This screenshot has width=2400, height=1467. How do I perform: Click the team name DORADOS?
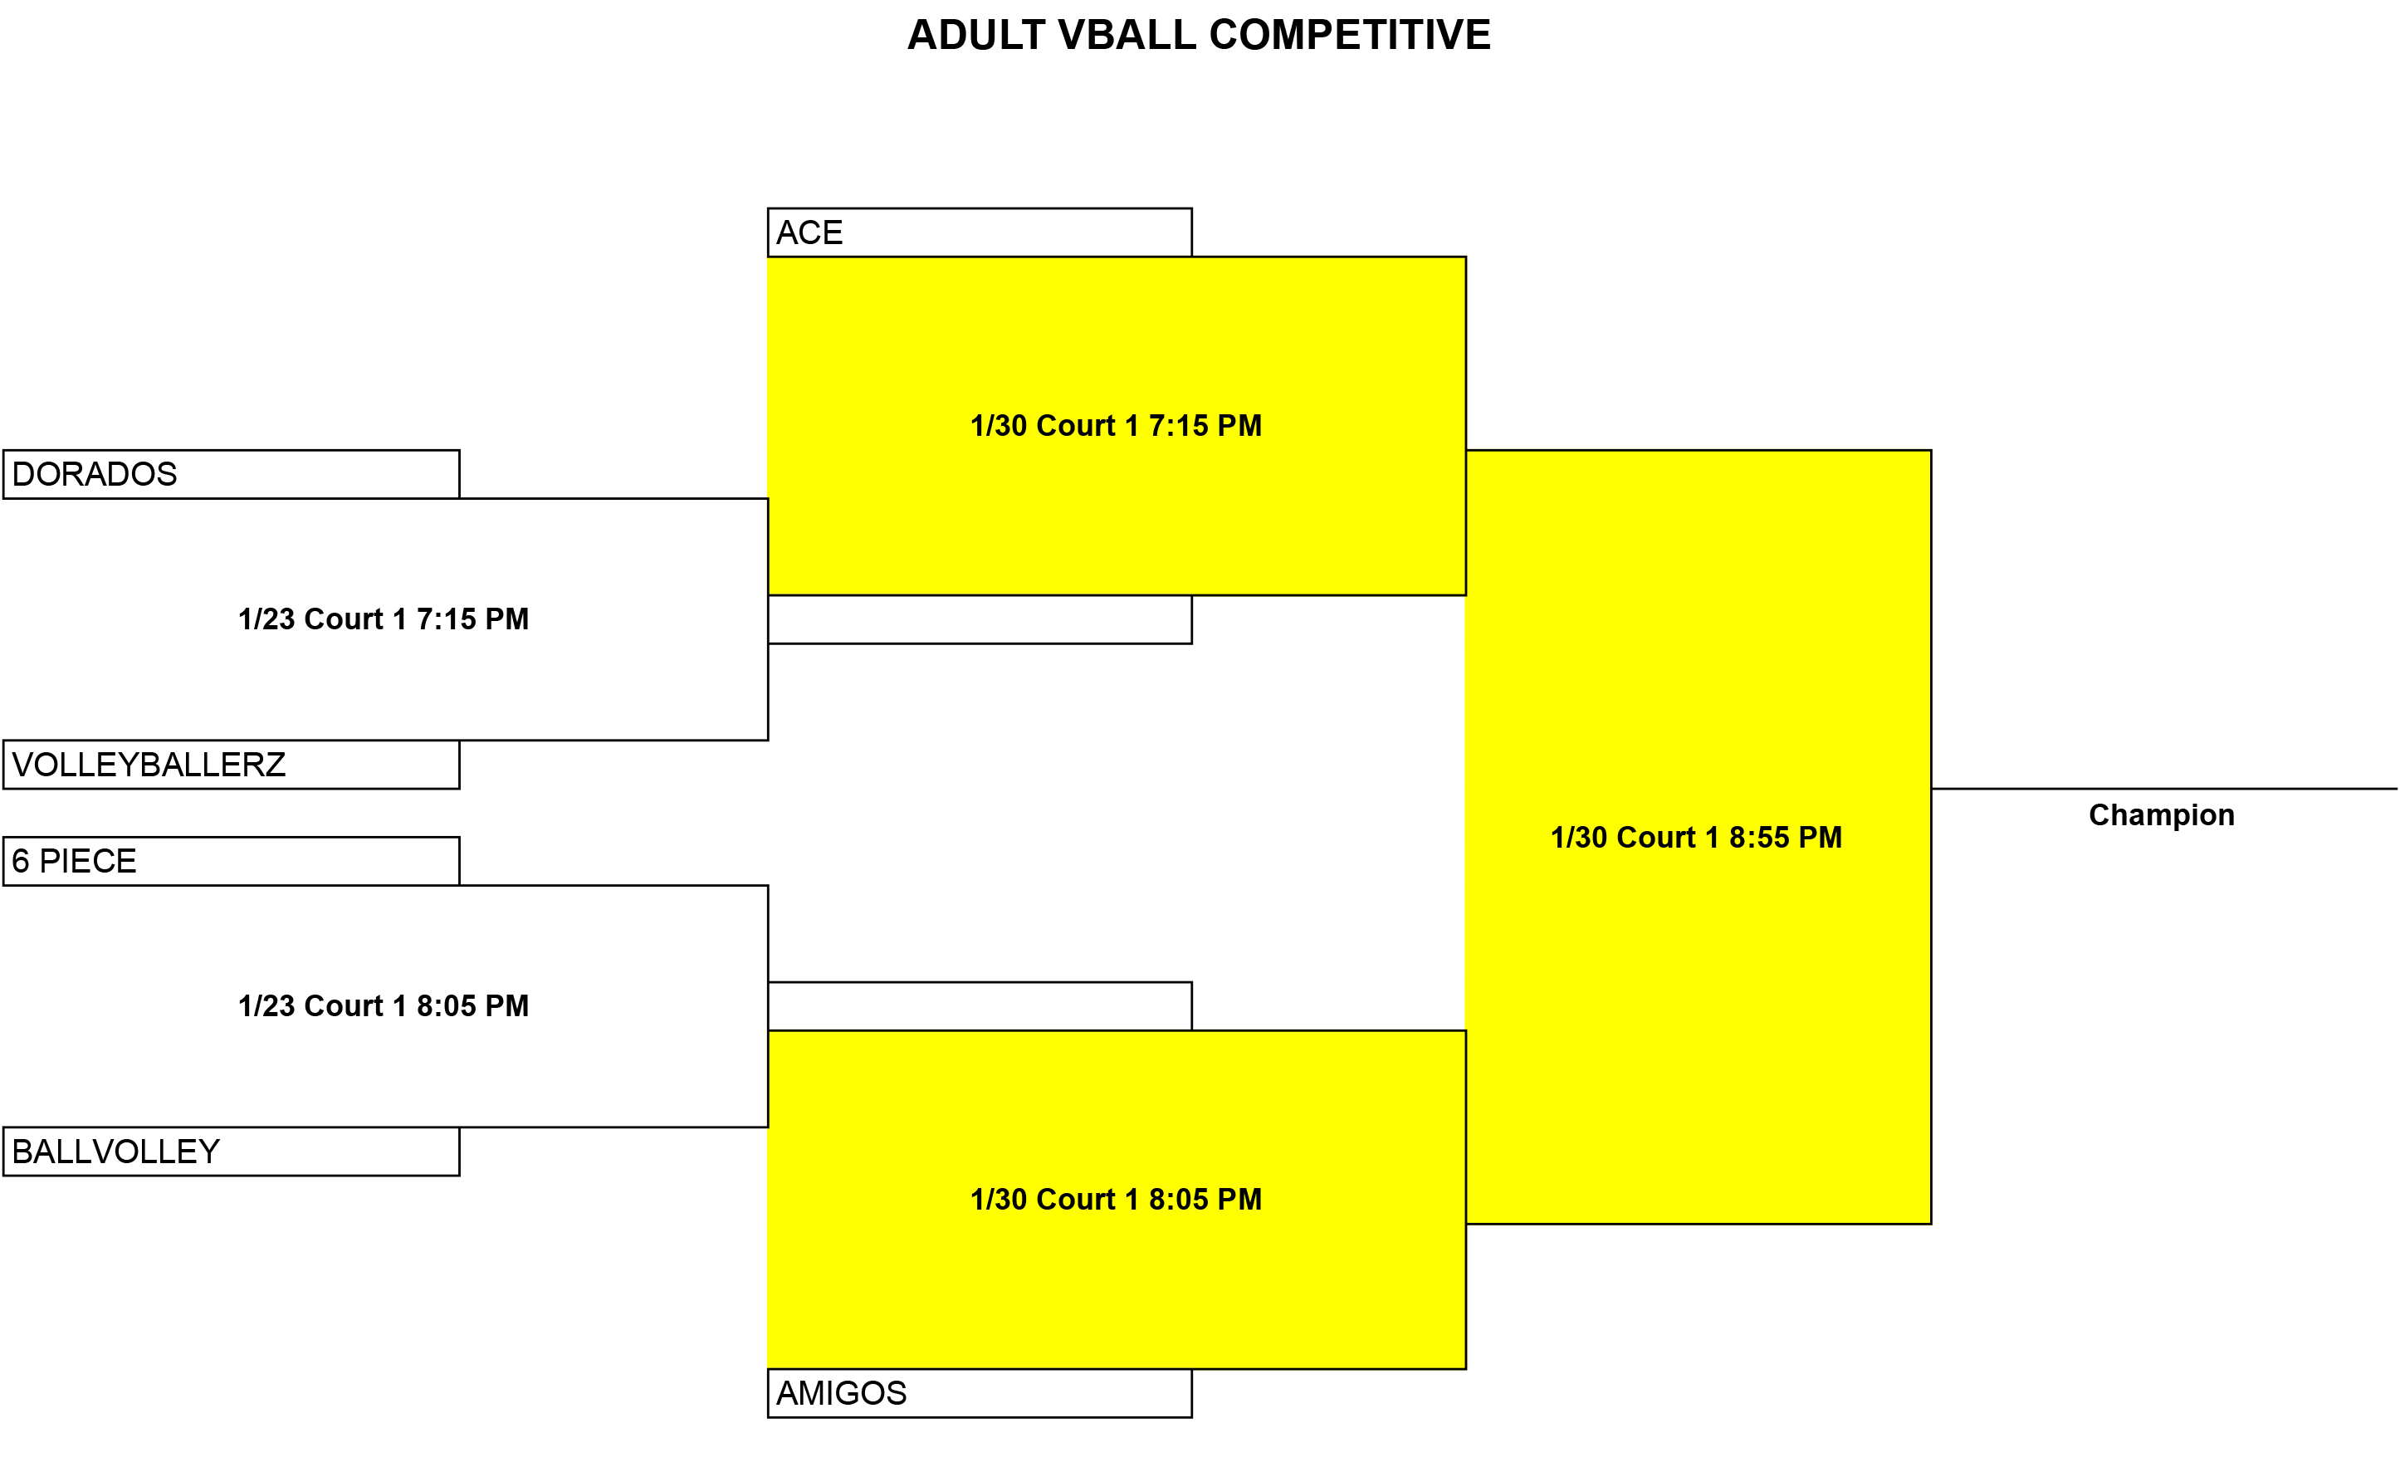95,474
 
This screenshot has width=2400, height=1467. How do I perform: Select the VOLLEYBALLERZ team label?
149,765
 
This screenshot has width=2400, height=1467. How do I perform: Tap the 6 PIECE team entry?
74,861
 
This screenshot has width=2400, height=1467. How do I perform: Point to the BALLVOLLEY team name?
116,1152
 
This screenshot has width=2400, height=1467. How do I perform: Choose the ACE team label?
809,232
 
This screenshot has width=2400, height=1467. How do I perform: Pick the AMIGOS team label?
842,1393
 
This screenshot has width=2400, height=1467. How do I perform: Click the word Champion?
2162,814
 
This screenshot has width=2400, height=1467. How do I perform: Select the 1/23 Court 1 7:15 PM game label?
384,619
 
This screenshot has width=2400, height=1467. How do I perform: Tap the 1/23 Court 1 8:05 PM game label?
384,1005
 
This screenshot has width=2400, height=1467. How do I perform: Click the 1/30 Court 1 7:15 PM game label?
1117,426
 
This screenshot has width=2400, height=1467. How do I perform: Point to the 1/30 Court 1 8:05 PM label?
1117,1199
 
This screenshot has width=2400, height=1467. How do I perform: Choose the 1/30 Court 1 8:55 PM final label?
1697,837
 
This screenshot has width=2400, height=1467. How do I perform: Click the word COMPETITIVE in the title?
1350,35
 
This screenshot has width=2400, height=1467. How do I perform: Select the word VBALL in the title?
1127,35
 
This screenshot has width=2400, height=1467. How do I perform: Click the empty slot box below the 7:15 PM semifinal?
980,619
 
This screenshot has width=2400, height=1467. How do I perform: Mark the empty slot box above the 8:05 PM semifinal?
980,1006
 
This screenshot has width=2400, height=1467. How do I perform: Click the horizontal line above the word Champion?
2164,789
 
